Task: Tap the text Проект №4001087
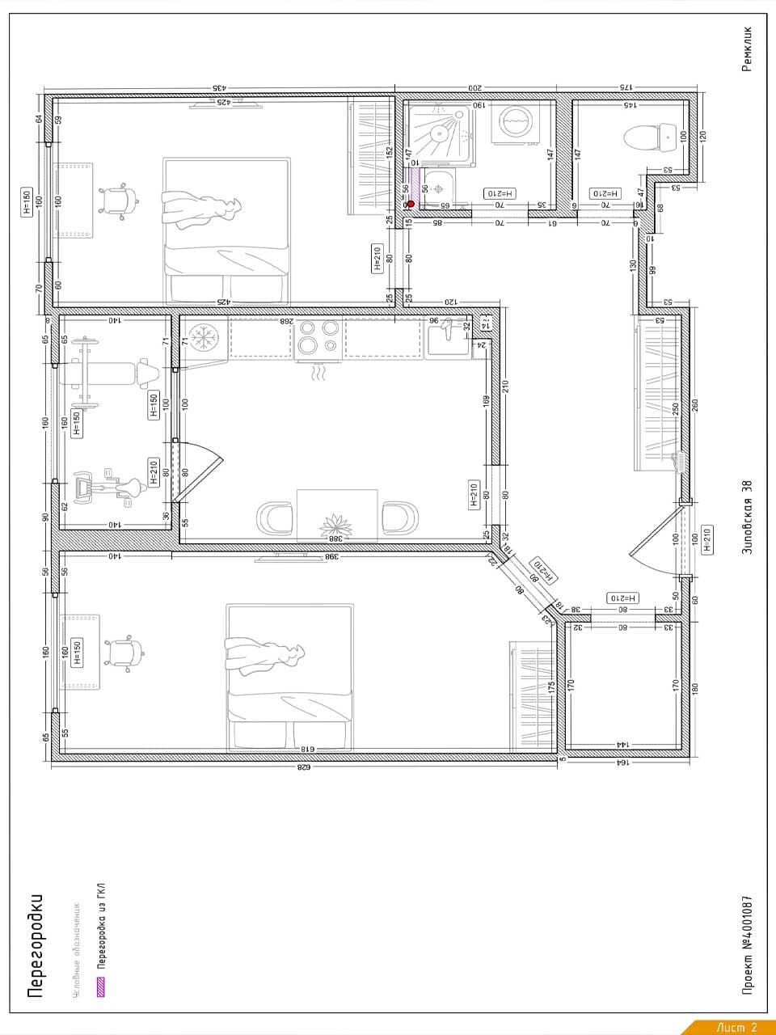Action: tap(748, 943)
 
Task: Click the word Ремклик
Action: tap(746, 49)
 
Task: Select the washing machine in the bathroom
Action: tap(514, 122)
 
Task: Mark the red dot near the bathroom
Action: tap(411, 204)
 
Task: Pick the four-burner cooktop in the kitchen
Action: tap(318, 338)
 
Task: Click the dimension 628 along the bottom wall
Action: tap(304, 767)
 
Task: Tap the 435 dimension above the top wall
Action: tap(218, 87)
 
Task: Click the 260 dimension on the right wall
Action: tap(695, 403)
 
